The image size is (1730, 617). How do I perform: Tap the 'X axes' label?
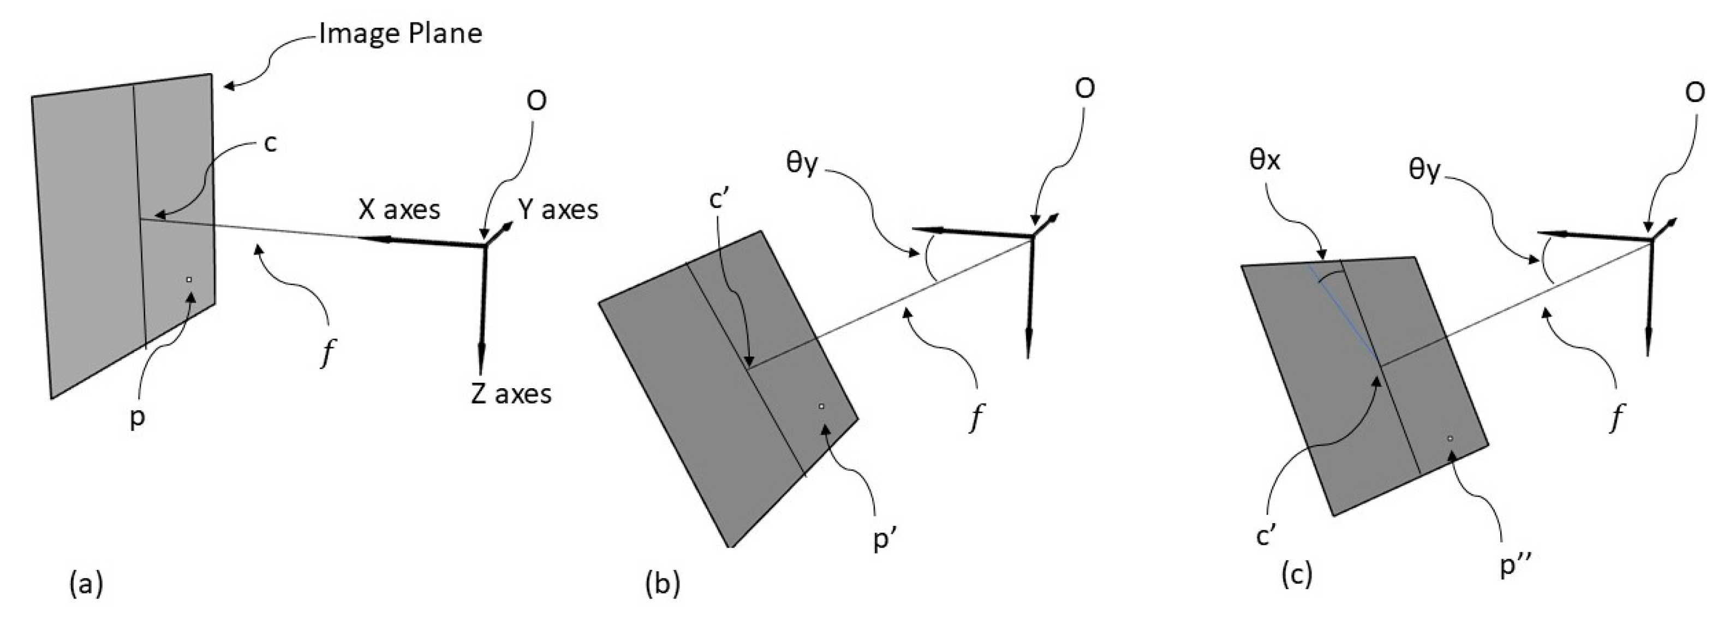click(399, 210)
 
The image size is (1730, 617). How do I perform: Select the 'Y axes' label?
click(557, 210)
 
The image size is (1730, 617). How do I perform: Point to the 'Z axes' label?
click(511, 394)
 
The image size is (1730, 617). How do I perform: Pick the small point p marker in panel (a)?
click(189, 280)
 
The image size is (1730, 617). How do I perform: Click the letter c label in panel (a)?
click(270, 143)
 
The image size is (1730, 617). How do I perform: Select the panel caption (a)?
click(86, 583)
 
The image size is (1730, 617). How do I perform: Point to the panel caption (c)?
click(1296, 576)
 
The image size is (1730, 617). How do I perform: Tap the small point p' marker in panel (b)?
click(821, 406)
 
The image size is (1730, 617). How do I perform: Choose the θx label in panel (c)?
click(1264, 161)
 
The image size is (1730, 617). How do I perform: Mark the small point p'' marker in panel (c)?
click(1451, 438)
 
